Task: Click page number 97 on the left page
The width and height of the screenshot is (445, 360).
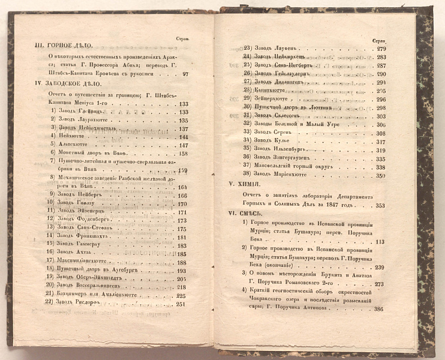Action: (185, 74)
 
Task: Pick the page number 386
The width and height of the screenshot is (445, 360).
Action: (378, 309)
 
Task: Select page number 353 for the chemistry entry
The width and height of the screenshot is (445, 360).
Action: (379, 205)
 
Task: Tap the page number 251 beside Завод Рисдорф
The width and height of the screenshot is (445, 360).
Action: (182, 304)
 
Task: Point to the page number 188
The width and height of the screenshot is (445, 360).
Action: (182, 263)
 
